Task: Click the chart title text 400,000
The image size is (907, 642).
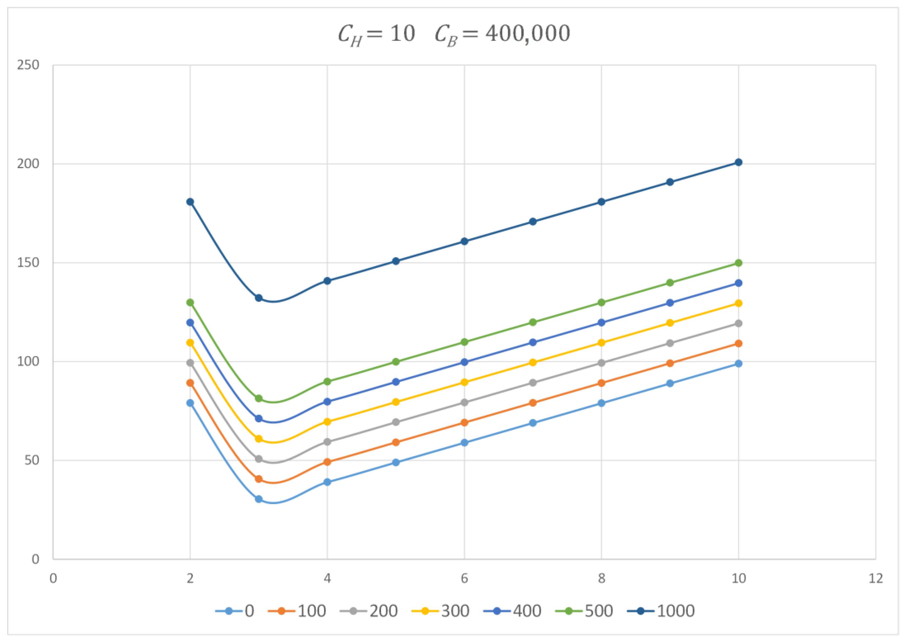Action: (528, 34)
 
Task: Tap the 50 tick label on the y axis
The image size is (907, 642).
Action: (32, 461)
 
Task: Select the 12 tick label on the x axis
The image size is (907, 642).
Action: (876, 579)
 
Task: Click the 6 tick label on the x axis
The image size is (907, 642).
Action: (464, 579)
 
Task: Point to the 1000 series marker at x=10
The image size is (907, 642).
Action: (738, 162)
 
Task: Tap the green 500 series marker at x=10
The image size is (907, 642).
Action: (738, 263)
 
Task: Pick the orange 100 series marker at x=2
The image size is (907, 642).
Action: (190, 383)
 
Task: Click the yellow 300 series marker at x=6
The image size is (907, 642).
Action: (464, 382)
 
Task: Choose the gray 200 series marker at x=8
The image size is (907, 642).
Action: (601, 363)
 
